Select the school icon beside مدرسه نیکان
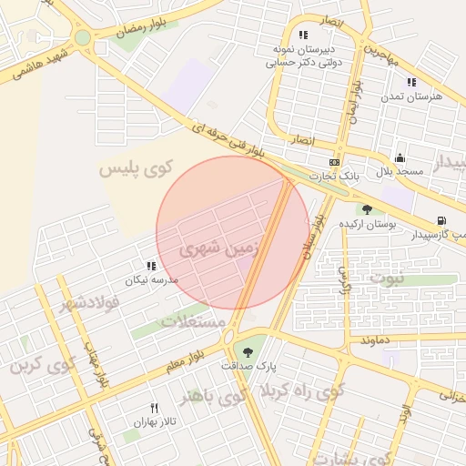[151, 266]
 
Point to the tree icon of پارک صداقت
[246, 350]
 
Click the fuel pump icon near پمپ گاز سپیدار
[441, 220]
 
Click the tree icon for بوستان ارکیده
[367, 209]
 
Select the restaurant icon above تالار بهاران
[154, 408]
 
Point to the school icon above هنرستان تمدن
[411, 81]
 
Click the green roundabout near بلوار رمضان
[83, 38]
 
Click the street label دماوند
[375, 339]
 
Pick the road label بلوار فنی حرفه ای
[237, 143]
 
